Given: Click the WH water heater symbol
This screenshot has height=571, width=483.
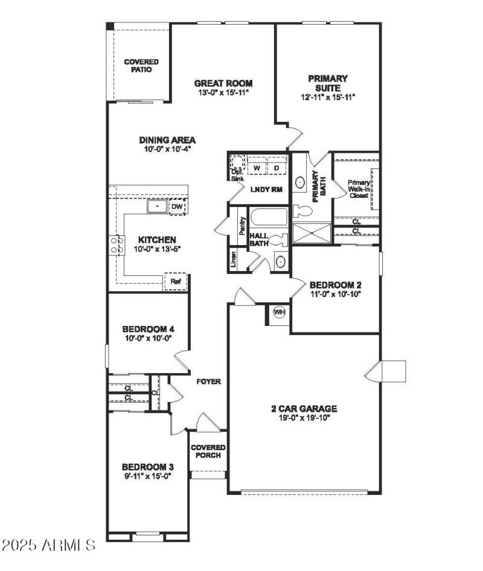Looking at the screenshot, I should [279, 312].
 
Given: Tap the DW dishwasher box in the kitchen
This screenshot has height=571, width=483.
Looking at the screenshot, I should [177, 207].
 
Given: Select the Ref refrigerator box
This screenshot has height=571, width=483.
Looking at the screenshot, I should [176, 281].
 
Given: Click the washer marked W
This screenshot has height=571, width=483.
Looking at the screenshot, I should [256, 167].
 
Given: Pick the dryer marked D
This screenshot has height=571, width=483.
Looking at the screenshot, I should [277, 167].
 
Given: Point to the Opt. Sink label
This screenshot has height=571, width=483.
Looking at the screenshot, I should [237, 175].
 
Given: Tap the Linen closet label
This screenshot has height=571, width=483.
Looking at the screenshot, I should [234, 259].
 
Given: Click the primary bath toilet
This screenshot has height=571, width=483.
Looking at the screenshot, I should [303, 211].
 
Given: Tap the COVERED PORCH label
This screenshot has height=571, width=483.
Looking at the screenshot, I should [208, 451].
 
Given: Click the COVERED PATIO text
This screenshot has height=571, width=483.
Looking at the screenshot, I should [141, 66].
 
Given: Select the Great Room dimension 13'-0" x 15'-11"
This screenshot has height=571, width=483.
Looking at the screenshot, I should [223, 92].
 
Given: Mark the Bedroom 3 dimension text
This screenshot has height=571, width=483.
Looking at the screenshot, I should [147, 476].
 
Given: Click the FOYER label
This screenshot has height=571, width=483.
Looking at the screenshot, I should [209, 381].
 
